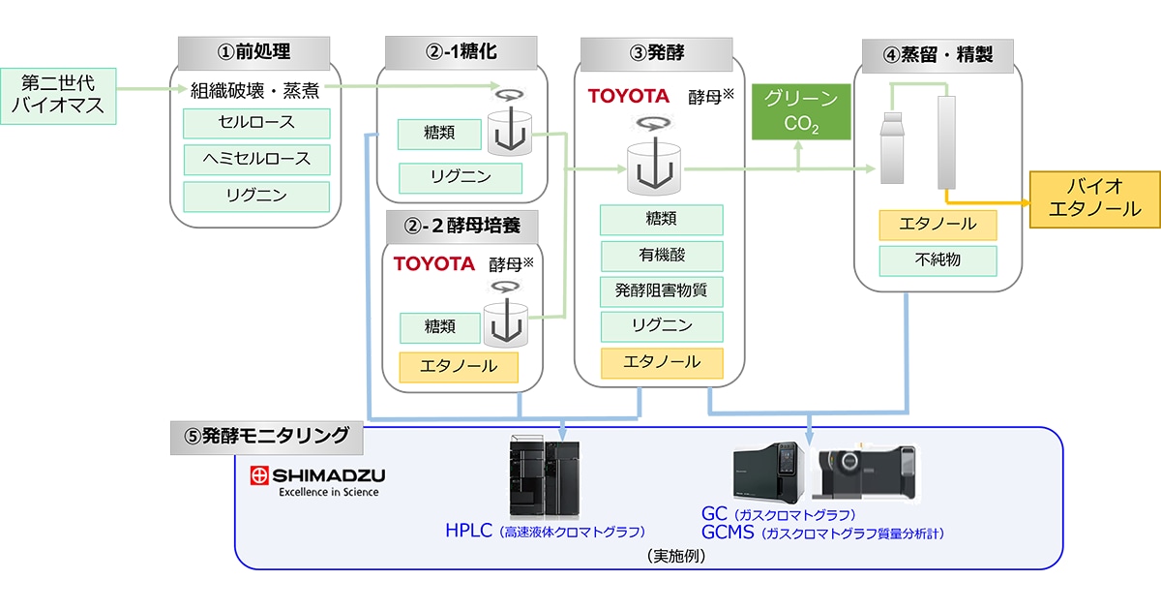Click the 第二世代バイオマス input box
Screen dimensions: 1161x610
[58, 96]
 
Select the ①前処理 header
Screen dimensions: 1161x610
[253, 53]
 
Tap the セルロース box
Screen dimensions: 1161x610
[256, 123]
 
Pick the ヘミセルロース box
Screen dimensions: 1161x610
[256, 159]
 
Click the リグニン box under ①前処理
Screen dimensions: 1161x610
[256, 196]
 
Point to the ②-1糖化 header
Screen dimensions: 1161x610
[461, 52]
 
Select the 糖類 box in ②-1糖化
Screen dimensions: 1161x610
[439, 134]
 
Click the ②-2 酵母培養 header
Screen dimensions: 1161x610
[462, 227]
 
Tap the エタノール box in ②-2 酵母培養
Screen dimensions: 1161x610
[459, 367]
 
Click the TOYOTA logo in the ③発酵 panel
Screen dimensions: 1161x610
[629, 96]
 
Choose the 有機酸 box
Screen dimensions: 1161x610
[662, 256]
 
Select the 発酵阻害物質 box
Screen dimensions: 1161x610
[662, 291]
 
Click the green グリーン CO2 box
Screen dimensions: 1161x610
[801, 111]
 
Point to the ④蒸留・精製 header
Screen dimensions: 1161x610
[938, 55]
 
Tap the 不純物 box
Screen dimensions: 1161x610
[938, 260]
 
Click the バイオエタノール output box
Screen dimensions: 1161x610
[1094, 199]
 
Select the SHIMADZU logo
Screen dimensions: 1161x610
[317, 481]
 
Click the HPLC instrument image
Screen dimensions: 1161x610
[544, 476]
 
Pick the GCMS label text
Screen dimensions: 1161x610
[728, 533]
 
